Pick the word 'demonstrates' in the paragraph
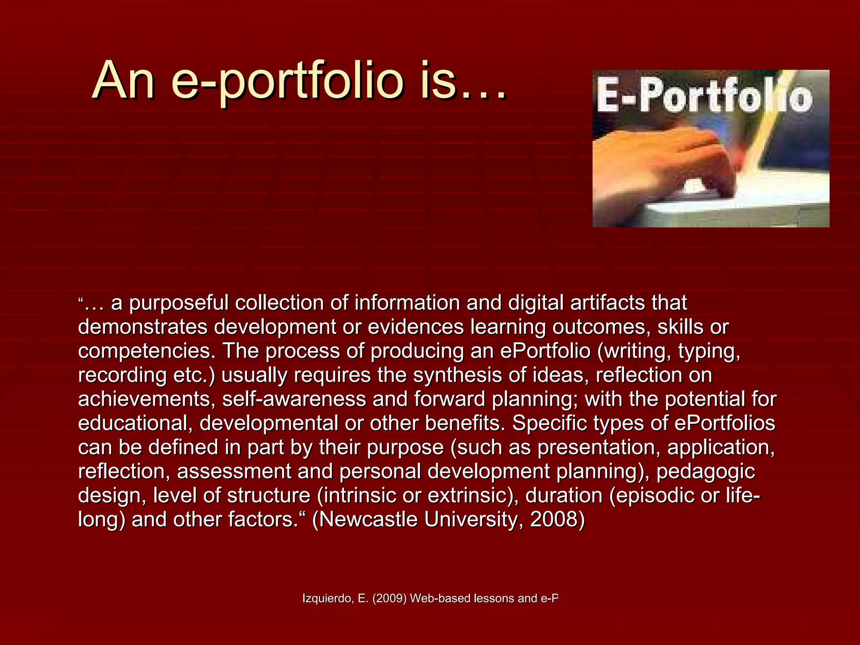tap(143, 327)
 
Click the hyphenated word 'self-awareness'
tap(294, 399)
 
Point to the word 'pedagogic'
tap(705, 472)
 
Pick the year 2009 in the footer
tap(390, 598)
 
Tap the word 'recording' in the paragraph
tap(122, 375)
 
